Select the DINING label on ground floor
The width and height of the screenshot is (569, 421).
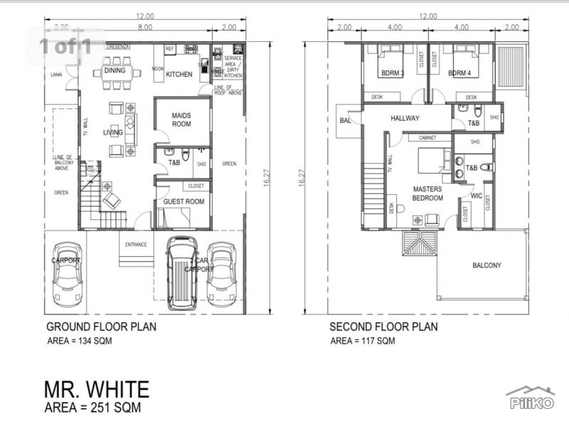point(115,70)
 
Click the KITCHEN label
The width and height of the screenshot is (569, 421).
point(179,74)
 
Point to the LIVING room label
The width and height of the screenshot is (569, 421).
point(112,132)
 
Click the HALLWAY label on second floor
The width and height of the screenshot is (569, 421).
point(404,118)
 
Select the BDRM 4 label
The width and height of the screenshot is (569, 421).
point(460,73)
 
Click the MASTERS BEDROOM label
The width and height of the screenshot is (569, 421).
point(427,193)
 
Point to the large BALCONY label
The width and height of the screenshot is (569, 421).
point(486,265)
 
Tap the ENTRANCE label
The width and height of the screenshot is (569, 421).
point(136,245)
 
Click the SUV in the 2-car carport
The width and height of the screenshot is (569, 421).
point(182,272)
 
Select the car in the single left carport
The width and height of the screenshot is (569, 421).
point(68,274)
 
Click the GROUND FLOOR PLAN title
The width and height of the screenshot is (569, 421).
point(101,327)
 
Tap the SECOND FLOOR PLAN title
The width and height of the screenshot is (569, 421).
point(383,327)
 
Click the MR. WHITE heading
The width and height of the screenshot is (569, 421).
point(97,389)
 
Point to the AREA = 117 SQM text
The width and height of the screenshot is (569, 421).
point(362,341)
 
